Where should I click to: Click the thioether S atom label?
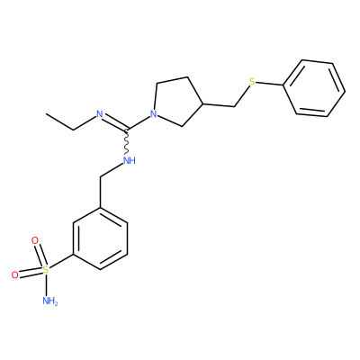click(x=252, y=81)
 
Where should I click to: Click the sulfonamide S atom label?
click(x=46, y=269)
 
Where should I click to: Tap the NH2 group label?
click(x=49, y=301)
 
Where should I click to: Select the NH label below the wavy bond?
click(x=130, y=161)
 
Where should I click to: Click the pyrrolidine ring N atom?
click(x=153, y=113)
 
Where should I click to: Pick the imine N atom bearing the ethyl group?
click(x=100, y=114)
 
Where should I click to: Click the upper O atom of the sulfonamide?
click(x=35, y=240)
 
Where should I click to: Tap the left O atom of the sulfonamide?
click(x=15, y=274)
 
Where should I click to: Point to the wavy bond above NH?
click(x=127, y=143)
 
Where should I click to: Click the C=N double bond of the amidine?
click(x=114, y=123)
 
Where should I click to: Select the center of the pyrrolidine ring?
click(x=176, y=101)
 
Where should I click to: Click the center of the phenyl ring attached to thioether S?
click(x=314, y=88)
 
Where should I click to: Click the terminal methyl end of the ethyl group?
click(x=47, y=114)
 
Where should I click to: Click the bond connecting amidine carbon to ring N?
click(x=139, y=123)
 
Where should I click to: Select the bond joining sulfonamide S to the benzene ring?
click(x=61, y=262)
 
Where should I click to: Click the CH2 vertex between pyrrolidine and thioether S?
click(x=234, y=106)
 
